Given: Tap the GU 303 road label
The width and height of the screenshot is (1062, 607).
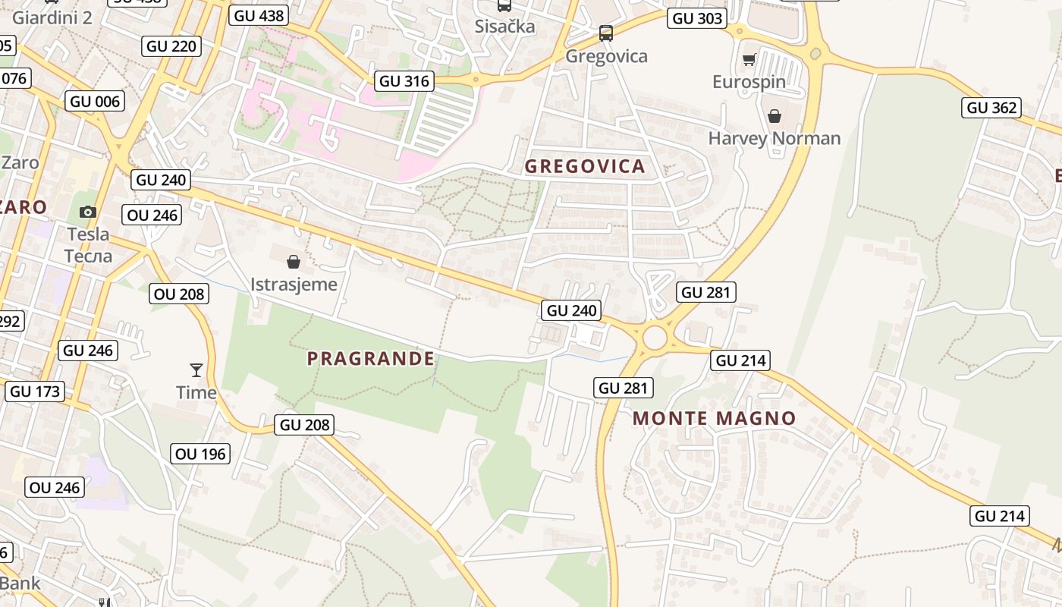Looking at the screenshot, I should click(696, 18).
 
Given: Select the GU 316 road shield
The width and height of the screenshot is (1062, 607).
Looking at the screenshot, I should click(404, 81).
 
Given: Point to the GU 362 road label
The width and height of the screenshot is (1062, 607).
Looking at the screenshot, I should click(991, 108).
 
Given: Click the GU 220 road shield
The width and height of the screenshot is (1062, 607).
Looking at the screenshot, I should click(171, 46).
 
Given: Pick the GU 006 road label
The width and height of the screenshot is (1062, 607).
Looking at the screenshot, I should click(95, 102).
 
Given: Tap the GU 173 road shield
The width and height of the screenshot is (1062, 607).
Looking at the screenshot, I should click(35, 392).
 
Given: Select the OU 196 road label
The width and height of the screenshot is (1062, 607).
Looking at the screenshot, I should click(200, 454).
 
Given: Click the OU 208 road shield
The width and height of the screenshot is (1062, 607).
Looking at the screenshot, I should click(179, 294).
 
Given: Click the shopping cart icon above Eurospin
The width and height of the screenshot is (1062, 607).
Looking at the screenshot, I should click(749, 59).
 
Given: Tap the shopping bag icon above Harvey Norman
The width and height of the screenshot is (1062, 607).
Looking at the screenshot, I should click(774, 116).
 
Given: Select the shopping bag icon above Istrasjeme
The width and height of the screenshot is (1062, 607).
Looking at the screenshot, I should click(294, 263).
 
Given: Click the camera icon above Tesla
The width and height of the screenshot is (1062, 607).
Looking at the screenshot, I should click(88, 212).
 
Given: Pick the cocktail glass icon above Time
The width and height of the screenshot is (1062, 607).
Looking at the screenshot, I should click(196, 370).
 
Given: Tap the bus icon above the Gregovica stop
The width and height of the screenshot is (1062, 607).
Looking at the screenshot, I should click(605, 33).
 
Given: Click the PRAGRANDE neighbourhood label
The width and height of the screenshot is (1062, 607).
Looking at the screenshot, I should click(371, 359).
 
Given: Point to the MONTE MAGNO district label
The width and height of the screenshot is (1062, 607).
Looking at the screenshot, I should click(714, 418).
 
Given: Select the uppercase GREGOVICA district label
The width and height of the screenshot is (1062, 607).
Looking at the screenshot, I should click(585, 167).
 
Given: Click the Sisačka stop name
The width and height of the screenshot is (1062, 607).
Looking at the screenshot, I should click(504, 27).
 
